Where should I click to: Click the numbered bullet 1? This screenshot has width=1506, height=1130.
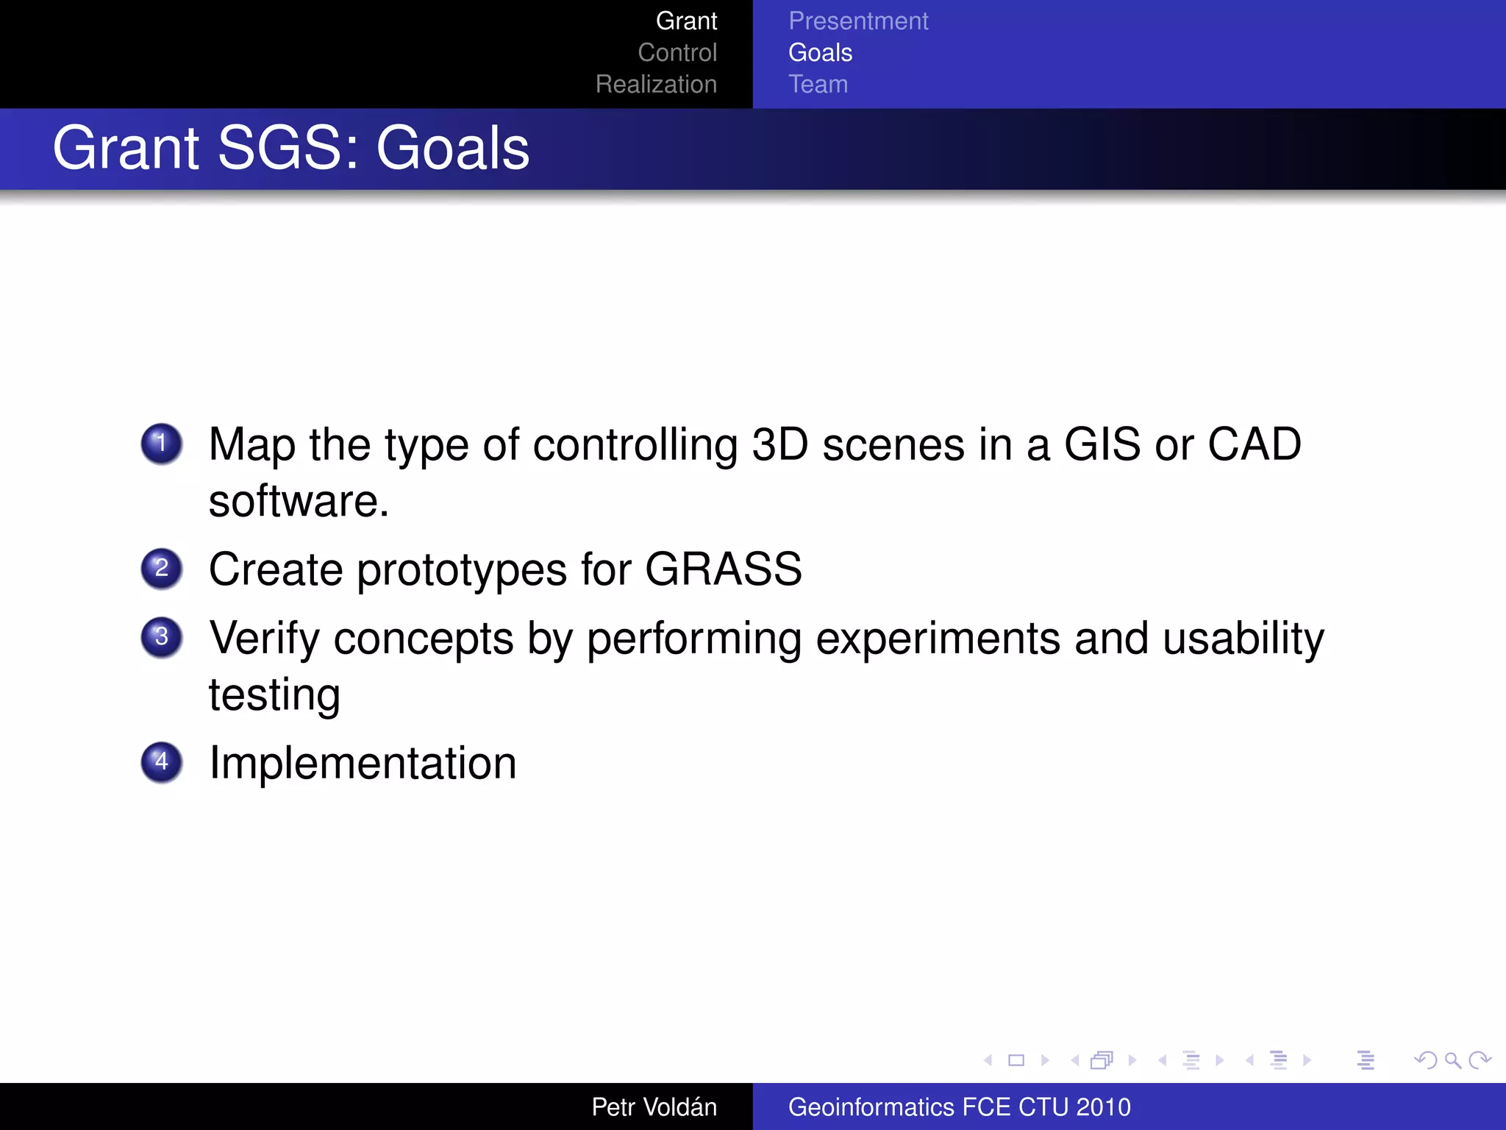coord(162,444)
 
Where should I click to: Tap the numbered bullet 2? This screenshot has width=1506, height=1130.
coord(162,569)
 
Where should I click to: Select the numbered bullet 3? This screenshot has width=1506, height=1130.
coord(162,636)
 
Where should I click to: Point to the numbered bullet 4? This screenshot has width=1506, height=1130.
coord(162,761)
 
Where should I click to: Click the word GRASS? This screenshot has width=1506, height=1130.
coord(723,569)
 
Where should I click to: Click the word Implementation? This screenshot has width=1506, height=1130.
coord(363,763)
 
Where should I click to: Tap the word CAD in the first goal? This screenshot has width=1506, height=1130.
coord(1255,444)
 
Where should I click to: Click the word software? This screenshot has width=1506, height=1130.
coord(297,501)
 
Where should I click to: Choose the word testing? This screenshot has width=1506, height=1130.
coord(274,695)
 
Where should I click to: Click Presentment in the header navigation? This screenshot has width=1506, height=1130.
coord(858,21)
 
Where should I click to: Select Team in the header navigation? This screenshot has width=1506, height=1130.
coord(818,84)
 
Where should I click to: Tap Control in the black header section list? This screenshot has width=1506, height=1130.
coord(677,52)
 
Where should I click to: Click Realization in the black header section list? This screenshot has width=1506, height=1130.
coord(656,84)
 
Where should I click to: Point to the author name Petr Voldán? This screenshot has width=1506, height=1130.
coord(654,1106)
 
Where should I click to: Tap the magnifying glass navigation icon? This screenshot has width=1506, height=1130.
coord(1452,1060)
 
